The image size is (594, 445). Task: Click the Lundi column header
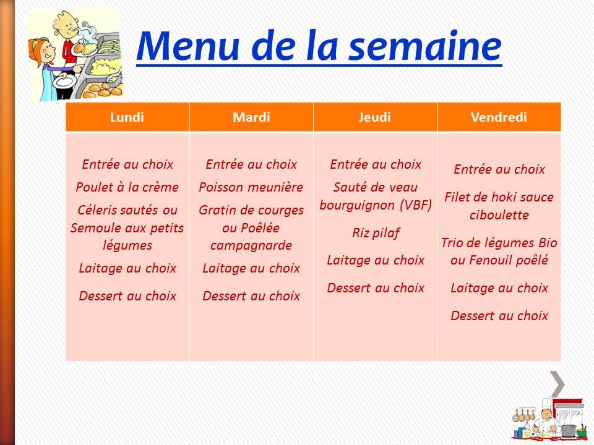pos(127,117)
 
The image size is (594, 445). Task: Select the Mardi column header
pos(251,117)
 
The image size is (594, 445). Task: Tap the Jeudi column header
pos(375,117)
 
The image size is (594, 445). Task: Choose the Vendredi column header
pos(499,117)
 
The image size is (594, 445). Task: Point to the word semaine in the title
pos(428,46)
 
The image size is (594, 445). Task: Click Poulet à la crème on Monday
pos(127,187)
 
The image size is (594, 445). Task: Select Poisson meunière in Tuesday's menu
pos(251,187)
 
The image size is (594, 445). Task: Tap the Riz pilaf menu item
pos(376,233)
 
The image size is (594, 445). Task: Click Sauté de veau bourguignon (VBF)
pos(376,196)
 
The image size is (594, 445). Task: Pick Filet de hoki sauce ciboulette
pos(499,206)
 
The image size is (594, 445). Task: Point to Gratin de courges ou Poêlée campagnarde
pos(251,227)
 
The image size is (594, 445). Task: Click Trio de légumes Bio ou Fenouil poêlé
pos(499,251)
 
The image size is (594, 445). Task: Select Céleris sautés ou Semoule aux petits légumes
pos(127,227)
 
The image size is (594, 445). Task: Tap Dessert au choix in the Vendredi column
pos(499,316)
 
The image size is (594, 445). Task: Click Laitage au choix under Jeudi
pos(376,260)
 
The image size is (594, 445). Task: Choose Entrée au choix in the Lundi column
pos(127,164)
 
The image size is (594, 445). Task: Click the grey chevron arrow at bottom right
pos(558,384)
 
